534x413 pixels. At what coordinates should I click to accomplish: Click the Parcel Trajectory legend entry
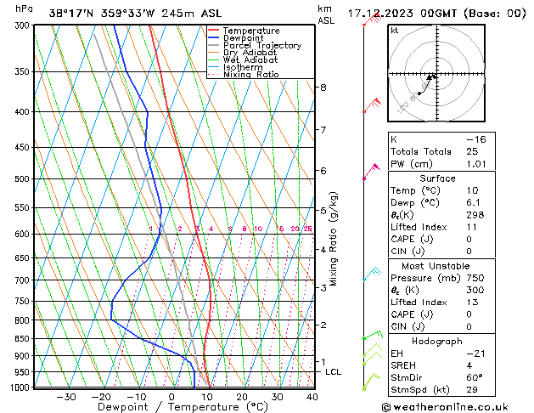click(261, 45)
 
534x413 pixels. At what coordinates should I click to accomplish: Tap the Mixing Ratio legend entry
click(251, 75)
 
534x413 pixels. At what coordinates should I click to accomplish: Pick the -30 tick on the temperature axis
click(65, 397)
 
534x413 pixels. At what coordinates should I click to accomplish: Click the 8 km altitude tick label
click(323, 88)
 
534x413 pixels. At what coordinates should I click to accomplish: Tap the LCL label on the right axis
click(333, 372)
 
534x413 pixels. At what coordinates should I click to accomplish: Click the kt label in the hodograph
click(395, 31)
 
